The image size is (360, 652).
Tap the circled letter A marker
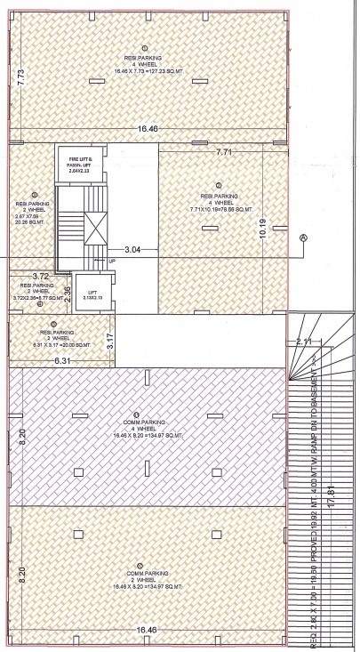[x=302, y=237]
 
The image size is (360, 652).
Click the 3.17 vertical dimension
[x=110, y=339]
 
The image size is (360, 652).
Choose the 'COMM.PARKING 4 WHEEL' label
[x=135, y=429]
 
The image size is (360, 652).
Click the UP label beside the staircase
[x=112, y=261]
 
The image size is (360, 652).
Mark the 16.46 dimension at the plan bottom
[x=148, y=630]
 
